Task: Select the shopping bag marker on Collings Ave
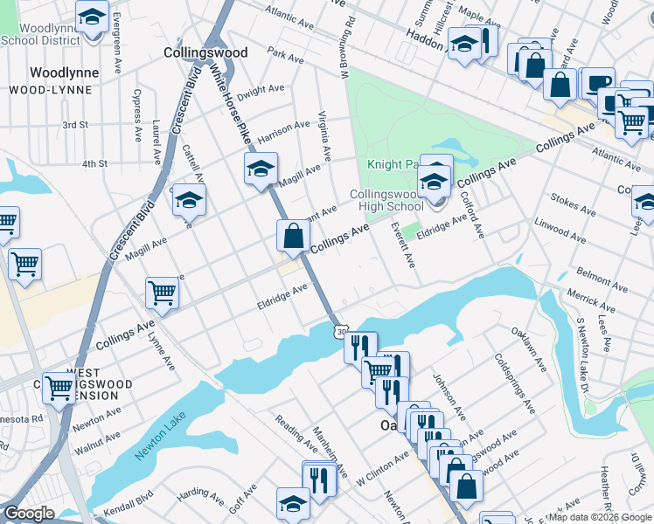click(293, 236)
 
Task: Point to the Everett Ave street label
click(403, 248)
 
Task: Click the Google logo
click(29, 514)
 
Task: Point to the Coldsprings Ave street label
click(514, 383)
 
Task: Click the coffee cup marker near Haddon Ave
click(599, 83)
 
